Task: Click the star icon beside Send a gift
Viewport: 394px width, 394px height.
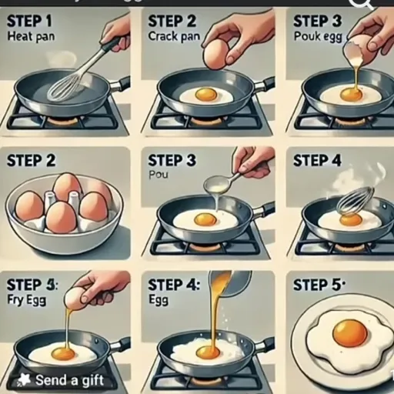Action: [25, 380]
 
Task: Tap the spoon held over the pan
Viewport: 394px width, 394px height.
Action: [220, 183]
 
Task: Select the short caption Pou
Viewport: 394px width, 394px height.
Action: [157, 175]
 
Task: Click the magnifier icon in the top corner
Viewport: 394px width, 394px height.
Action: [360, 3]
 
